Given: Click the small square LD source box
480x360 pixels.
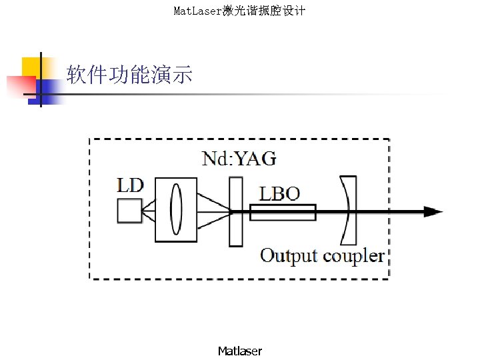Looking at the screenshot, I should pos(129,211).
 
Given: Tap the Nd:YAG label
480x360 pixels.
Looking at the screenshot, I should pos(238,158).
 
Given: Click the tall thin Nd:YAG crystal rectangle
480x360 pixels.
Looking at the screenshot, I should pos(235,211).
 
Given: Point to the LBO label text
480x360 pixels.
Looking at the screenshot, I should pos(279,193).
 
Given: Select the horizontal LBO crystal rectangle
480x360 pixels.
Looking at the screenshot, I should pos(283,212).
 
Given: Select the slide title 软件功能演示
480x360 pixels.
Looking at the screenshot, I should pos(129,75).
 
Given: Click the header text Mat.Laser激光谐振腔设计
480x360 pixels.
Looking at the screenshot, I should pos(239,11).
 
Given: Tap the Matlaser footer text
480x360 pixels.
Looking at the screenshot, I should pos(240,351).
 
